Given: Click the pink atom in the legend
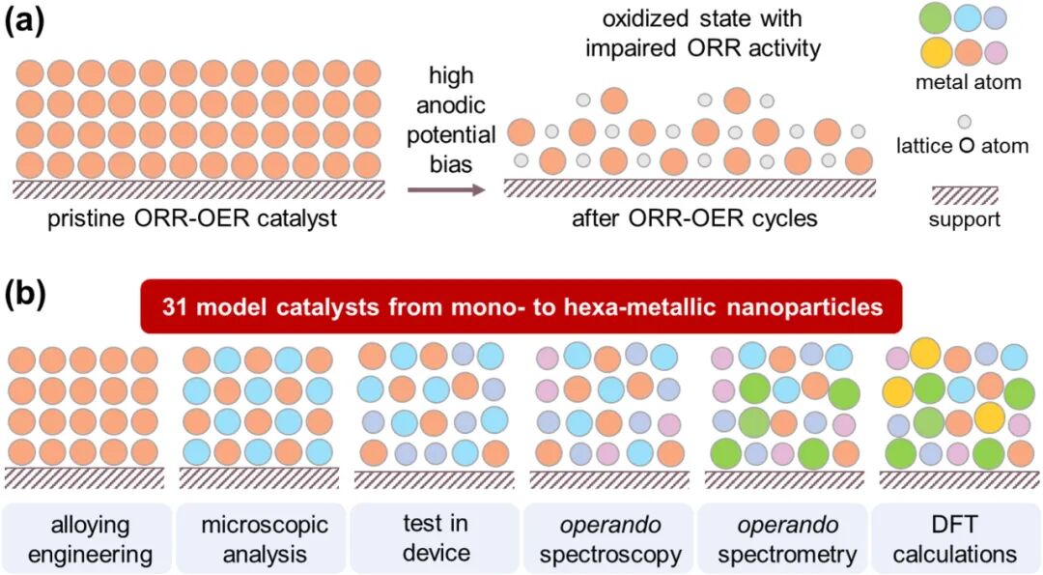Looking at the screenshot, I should click(x=995, y=51).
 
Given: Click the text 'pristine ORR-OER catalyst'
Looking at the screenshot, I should click(x=193, y=218).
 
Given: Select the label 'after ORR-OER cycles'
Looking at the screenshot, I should click(x=694, y=218).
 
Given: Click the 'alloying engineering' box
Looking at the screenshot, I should click(x=86, y=539).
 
